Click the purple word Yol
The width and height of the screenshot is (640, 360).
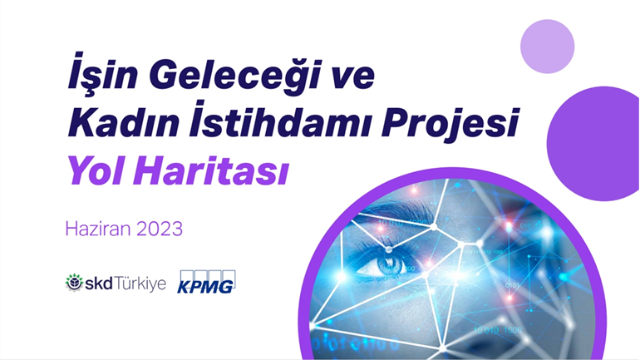96,170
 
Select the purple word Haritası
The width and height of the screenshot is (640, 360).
211,170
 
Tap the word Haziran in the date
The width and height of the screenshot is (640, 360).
98,229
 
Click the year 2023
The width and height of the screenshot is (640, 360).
160,229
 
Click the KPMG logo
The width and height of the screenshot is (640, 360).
206,282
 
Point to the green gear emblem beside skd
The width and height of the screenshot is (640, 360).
74,283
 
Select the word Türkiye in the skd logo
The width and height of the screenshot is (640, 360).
140,284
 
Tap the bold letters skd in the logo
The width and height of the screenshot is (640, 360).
98,284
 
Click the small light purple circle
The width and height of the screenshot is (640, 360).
548,47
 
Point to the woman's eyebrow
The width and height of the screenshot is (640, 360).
391,211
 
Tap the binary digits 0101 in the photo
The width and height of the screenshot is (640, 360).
512,285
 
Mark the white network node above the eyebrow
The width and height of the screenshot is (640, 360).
434,226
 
